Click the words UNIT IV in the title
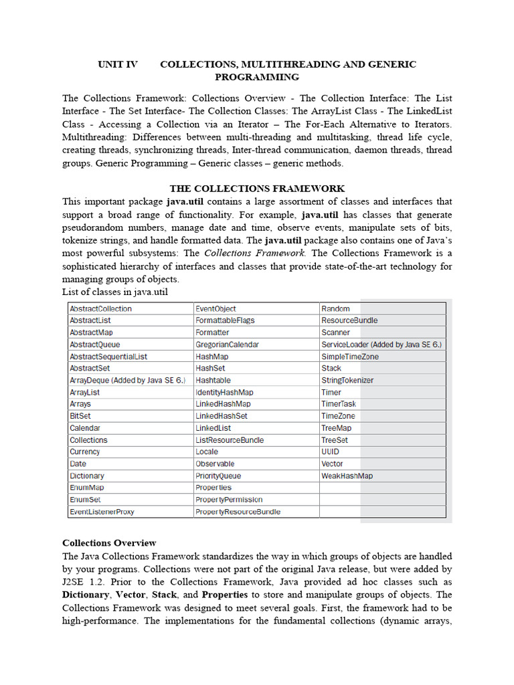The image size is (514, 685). coord(118,64)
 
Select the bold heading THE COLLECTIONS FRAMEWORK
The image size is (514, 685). coord(257,189)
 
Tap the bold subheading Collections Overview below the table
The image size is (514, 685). coord(109,543)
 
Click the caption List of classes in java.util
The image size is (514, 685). coord(114,292)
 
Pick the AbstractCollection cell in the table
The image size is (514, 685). coord(101,309)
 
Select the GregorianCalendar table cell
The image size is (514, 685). coord(228,345)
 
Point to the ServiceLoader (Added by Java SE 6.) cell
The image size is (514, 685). coord(381,345)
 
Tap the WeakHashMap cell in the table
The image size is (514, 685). coord(347,476)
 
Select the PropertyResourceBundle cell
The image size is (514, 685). coord(238,512)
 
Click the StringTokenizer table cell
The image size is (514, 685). coord(347,380)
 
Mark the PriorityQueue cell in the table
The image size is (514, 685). coord(218,476)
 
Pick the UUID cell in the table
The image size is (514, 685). coord(331,452)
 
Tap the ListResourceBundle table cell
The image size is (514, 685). coord(230,440)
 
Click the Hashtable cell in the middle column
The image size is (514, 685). coord(213,380)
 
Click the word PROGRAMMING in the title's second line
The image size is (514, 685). coord(257,77)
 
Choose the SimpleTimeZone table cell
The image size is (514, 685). coord(350,357)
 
